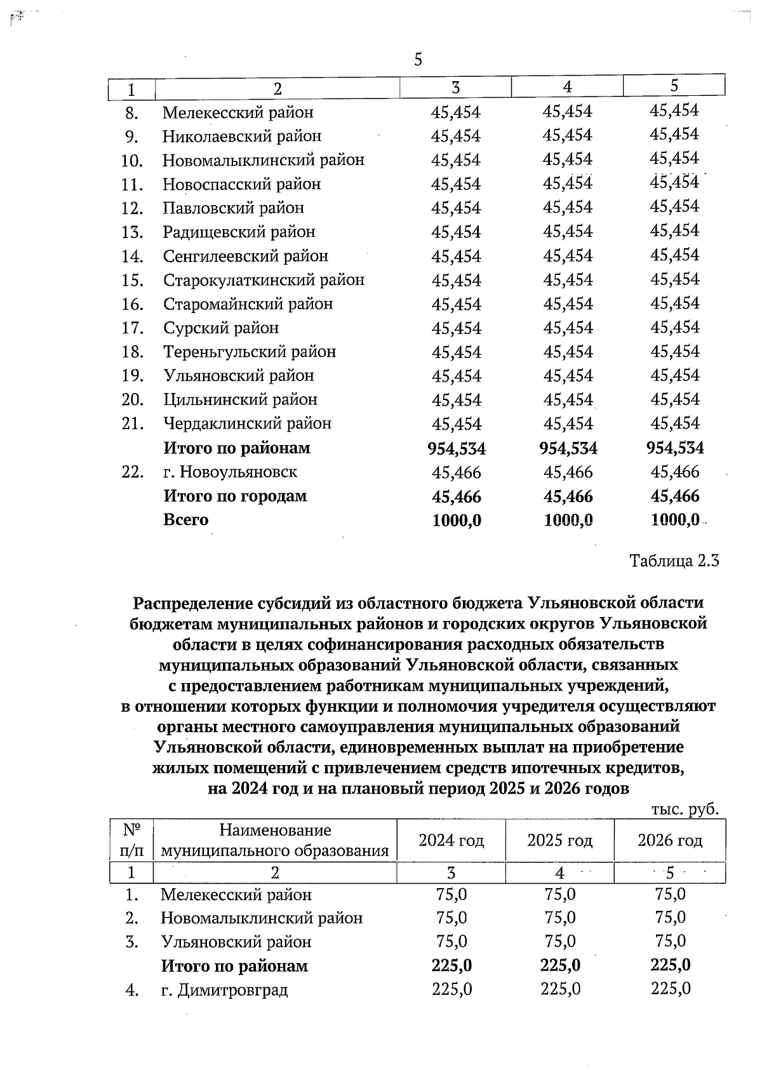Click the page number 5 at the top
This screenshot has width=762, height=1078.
click(418, 60)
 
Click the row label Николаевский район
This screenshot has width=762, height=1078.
click(242, 136)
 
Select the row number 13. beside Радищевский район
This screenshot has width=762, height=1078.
click(133, 232)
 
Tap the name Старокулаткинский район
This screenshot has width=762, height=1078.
click(264, 280)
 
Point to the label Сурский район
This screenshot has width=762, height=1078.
click(221, 328)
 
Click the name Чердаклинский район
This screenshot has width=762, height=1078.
click(247, 423)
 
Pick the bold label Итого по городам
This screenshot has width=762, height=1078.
click(235, 496)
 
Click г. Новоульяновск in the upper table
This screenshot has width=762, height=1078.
click(230, 472)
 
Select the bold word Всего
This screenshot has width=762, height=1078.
click(185, 520)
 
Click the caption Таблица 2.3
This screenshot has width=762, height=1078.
click(674, 561)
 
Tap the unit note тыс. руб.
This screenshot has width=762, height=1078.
click(685, 809)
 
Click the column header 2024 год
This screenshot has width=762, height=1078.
click(451, 841)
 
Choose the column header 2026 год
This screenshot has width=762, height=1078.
click(670, 841)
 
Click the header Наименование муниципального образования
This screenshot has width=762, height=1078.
click(274, 841)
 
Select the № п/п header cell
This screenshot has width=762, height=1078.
click(131, 841)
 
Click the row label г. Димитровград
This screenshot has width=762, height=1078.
click(224, 990)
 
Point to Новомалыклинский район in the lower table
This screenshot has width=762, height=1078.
click(262, 918)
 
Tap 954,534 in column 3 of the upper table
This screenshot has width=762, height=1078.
click(456, 449)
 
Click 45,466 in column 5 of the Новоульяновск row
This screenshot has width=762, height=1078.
click(675, 472)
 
